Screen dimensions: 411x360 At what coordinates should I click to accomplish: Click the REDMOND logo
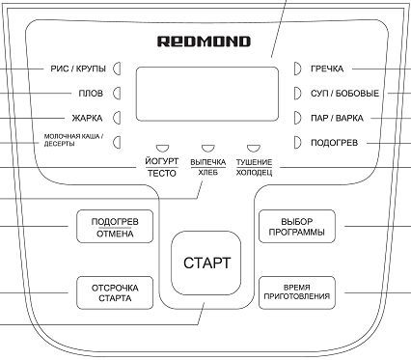(x=204, y=42)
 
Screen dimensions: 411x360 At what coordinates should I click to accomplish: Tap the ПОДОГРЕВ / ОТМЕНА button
(x=115, y=226)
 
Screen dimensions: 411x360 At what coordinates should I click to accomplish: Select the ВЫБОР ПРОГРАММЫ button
(x=297, y=226)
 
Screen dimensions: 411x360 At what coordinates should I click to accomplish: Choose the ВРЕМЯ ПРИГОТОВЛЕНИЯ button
(x=297, y=292)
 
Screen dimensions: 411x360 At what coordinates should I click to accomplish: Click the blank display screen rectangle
(x=207, y=94)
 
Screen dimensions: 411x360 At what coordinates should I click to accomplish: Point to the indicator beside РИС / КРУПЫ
(x=118, y=69)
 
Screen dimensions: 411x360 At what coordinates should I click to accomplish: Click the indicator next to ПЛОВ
(x=118, y=94)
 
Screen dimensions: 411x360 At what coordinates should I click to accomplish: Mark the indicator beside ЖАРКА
(x=118, y=118)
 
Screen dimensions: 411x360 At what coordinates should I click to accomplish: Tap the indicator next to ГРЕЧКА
(x=297, y=69)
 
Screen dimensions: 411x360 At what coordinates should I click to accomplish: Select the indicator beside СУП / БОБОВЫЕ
(x=297, y=94)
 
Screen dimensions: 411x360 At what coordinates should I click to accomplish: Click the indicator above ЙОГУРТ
(x=162, y=148)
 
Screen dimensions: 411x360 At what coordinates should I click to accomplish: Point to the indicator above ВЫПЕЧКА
(x=207, y=148)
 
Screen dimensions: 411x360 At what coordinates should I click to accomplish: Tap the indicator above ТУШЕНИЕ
(x=254, y=148)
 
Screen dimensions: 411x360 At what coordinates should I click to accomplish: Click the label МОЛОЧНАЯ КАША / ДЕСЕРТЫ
(x=73, y=140)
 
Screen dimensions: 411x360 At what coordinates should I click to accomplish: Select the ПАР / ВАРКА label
(x=337, y=118)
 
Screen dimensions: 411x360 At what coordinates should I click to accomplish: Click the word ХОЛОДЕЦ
(x=254, y=173)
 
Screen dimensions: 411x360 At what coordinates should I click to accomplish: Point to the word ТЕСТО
(x=162, y=173)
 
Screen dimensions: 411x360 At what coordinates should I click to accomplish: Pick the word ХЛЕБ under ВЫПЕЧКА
(x=207, y=173)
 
